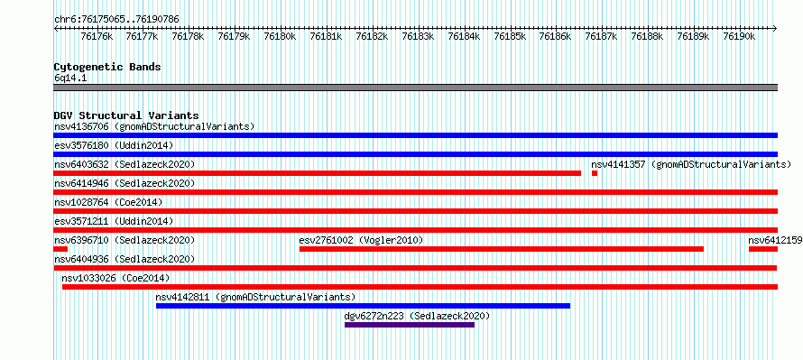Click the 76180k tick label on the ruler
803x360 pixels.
pos(280,36)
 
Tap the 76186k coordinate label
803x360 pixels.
pos(556,36)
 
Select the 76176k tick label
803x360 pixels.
pos(97,36)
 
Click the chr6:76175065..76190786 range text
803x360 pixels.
pos(116,20)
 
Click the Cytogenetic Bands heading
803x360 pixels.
pos(107,67)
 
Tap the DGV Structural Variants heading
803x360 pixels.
pos(126,115)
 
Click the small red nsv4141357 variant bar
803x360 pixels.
pos(595,173)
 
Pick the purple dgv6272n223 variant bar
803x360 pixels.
pos(410,325)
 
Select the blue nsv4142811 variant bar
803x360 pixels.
pos(363,306)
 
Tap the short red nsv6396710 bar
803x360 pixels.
pos(60,249)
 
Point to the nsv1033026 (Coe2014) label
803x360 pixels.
pos(115,278)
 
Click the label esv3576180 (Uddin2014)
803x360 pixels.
pos(114,145)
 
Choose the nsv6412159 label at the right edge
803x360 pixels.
pos(775,240)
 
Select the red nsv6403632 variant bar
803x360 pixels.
pos(318,173)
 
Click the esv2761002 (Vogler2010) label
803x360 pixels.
pos(362,240)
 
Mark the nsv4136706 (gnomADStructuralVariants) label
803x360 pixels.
pos(154,126)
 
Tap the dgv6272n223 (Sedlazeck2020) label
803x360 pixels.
pos(418,316)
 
